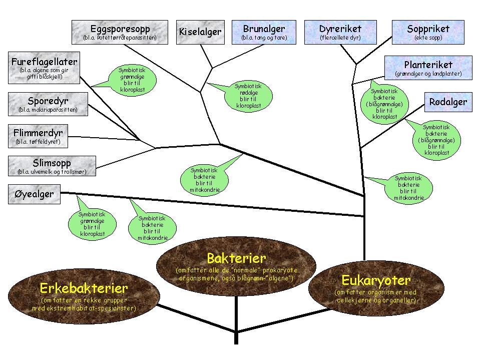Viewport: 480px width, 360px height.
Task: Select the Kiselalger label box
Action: coord(200,32)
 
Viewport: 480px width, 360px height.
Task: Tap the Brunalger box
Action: coord(264,32)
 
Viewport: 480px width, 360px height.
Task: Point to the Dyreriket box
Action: coord(340,32)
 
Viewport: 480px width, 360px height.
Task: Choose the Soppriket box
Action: coord(428,32)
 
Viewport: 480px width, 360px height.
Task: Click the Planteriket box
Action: coord(428,68)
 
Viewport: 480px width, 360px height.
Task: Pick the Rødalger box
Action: coord(448,102)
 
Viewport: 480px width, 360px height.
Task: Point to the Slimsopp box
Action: coord(52,166)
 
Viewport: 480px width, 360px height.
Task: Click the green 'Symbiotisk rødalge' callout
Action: coord(249,96)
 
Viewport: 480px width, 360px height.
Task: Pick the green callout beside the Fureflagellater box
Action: coord(132,80)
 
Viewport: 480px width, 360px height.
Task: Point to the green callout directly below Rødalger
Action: coord(436,141)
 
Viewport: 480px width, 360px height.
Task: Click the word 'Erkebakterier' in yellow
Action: coord(84,288)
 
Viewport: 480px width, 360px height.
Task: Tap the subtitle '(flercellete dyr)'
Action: coord(340,38)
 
